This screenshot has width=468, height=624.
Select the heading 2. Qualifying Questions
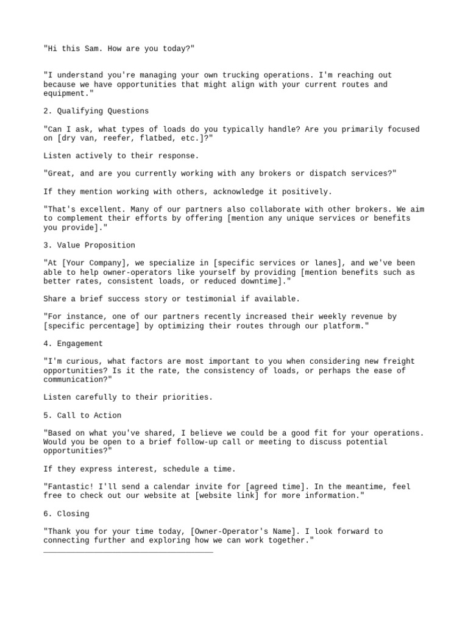click(96, 111)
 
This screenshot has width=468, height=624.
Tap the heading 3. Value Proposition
click(89, 245)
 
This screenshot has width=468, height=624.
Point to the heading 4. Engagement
click(73, 344)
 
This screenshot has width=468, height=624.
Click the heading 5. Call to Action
click(82, 415)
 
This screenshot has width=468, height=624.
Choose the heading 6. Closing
click(66, 514)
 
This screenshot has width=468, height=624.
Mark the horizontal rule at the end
click(128, 552)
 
